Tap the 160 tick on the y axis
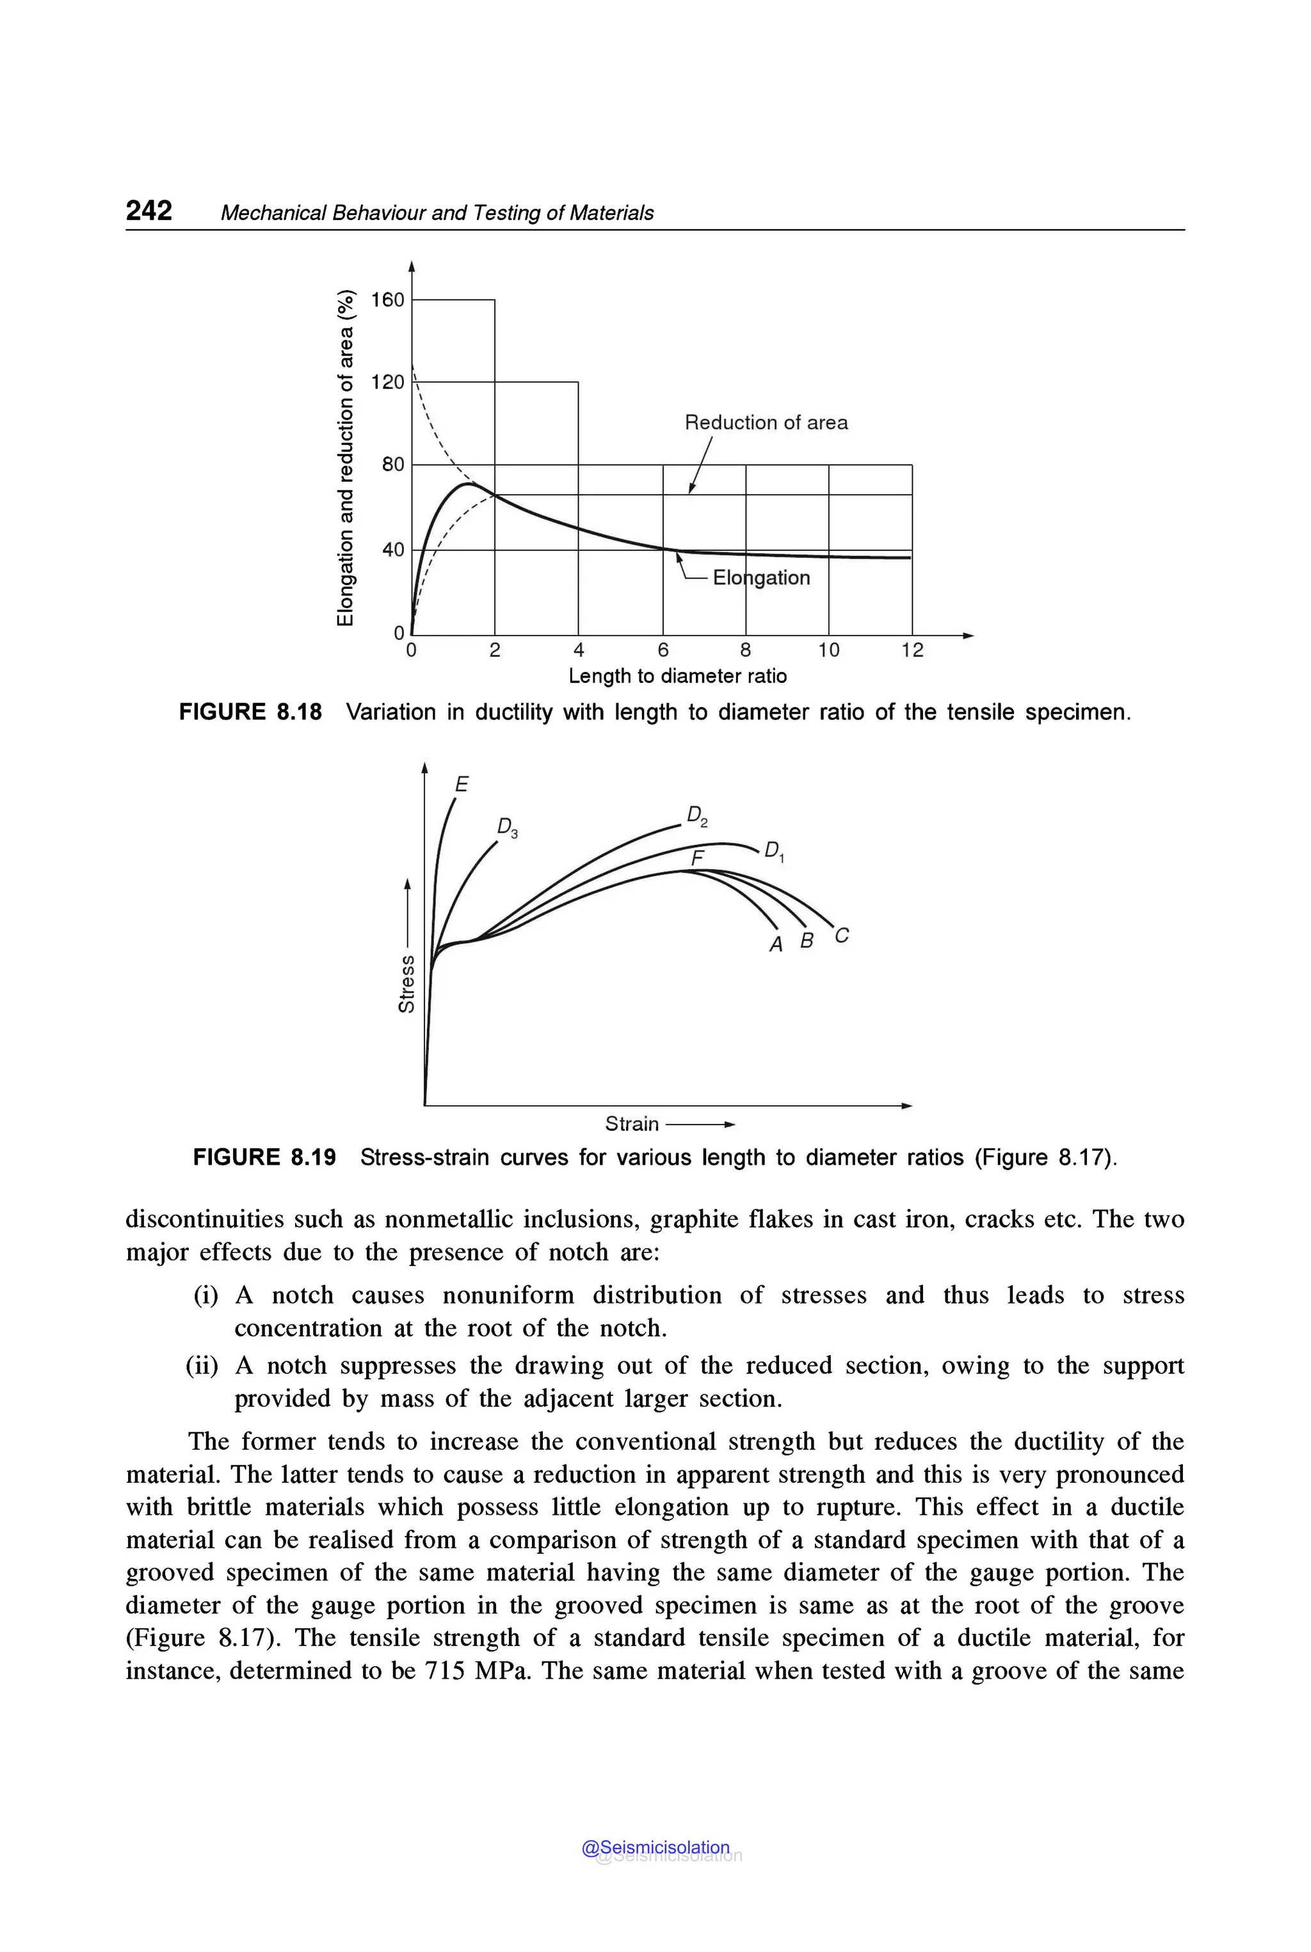388,300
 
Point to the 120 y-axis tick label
388,382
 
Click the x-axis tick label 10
828,650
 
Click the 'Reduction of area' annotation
766,423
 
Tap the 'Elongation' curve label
761,578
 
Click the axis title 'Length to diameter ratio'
677,675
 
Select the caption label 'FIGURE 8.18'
250,712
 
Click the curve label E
462,784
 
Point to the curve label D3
508,828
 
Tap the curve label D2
696,816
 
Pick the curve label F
697,858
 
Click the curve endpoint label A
776,945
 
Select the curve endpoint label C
841,936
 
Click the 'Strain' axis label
631,1124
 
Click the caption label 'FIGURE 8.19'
264,1158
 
